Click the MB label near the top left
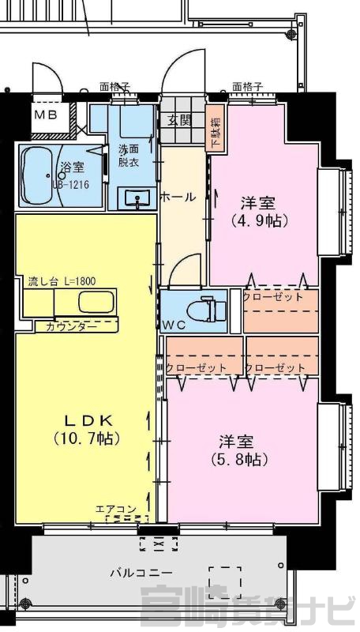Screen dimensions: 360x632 (46, 115)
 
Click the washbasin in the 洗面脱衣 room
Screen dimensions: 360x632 (137, 199)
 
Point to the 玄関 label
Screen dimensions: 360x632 (179, 120)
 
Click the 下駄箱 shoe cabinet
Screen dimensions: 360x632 (215, 128)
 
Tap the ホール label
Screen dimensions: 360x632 (178, 197)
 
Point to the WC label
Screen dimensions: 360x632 (174, 325)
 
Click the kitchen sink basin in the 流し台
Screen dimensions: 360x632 (96, 303)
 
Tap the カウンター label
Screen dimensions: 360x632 (72, 326)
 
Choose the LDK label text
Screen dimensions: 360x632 (88, 420)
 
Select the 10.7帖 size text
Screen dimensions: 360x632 (87, 439)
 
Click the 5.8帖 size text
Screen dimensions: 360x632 (241, 459)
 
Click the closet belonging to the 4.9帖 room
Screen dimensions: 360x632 (281, 310)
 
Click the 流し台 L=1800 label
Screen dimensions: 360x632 (62, 281)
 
